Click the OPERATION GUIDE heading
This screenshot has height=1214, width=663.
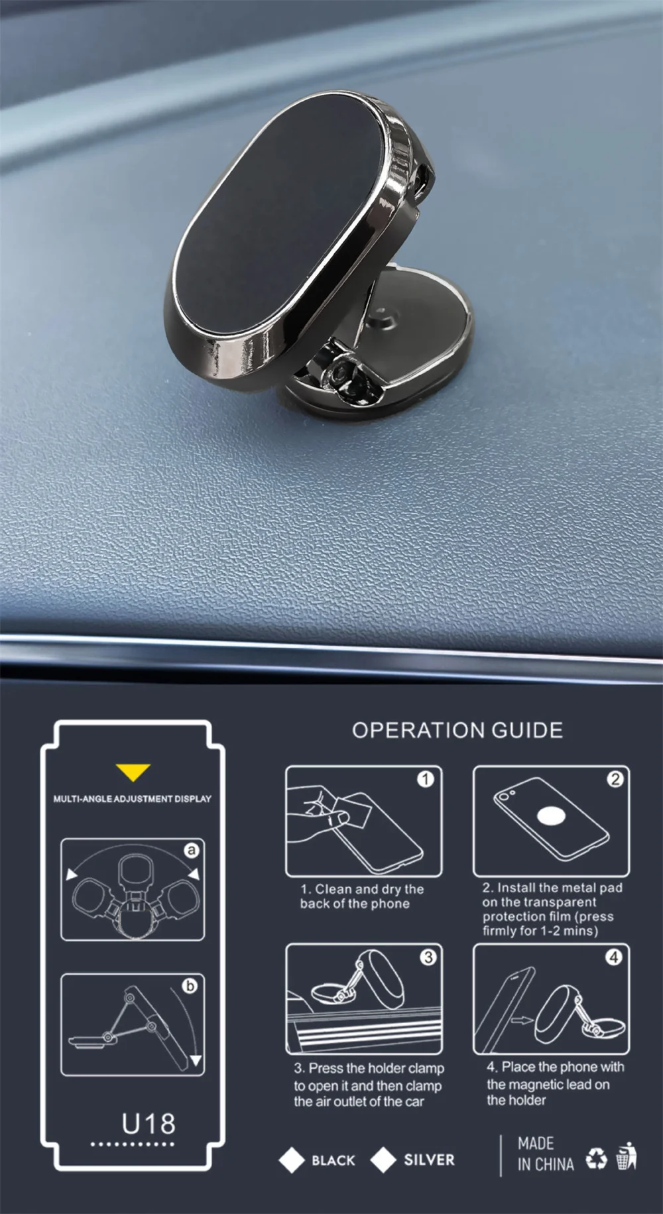[x=457, y=731]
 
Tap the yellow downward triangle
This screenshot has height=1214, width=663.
[x=133, y=772]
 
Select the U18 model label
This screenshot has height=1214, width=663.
[x=149, y=1124]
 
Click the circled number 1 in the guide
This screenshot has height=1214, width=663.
[x=425, y=778]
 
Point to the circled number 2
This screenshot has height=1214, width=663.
[x=615, y=779]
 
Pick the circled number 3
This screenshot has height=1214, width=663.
[x=428, y=957]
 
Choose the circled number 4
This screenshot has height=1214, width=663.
[x=615, y=957]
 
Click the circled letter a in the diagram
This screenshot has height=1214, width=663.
[x=192, y=850]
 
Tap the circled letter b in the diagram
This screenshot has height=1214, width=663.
[x=190, y=985]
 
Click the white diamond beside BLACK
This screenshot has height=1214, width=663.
[x=292, y=1160]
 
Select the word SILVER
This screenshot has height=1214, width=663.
[x=430, y=1160]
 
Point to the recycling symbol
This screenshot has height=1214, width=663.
[x=596, y=1159]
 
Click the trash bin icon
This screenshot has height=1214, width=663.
[x=627, y=1156]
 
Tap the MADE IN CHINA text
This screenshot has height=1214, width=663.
[x=545, y=1154]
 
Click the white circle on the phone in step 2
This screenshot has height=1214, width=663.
[x=551, y=816]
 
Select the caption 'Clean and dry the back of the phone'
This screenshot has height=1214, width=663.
[x=361, y=896]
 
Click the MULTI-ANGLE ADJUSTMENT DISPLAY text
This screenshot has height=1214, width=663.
[x=133, y=799]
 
